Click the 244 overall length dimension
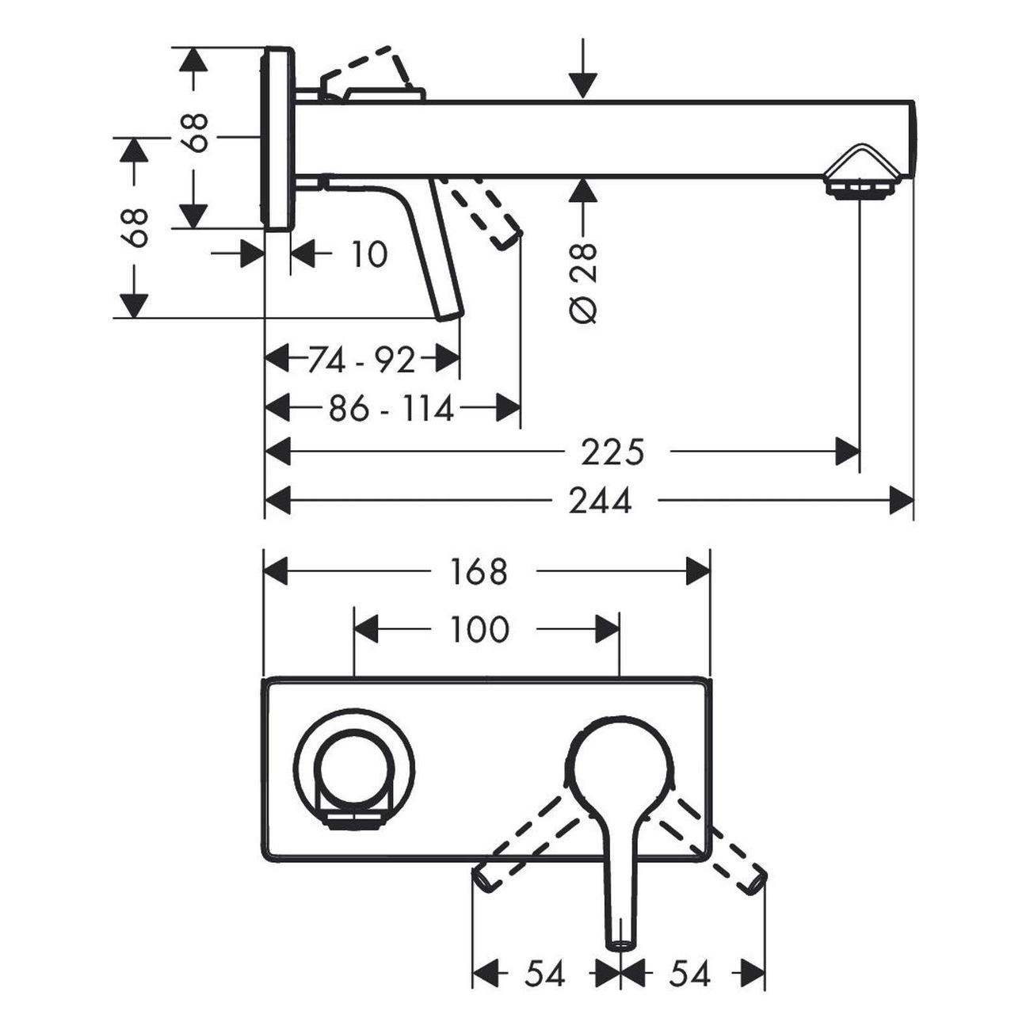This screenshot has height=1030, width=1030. click(600, 501)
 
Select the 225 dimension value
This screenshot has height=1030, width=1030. click(612, 452)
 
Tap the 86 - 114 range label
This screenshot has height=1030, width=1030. click(391, 410)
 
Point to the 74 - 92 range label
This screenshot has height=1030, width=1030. click(360, 360)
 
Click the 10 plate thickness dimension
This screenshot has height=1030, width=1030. click(368, 255)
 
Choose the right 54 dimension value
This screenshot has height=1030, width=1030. click(689, 974)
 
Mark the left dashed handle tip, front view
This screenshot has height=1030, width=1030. click(481, 879)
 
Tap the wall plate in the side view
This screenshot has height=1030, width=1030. click(277, 139)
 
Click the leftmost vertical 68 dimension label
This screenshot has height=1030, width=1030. click(136, 228)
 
